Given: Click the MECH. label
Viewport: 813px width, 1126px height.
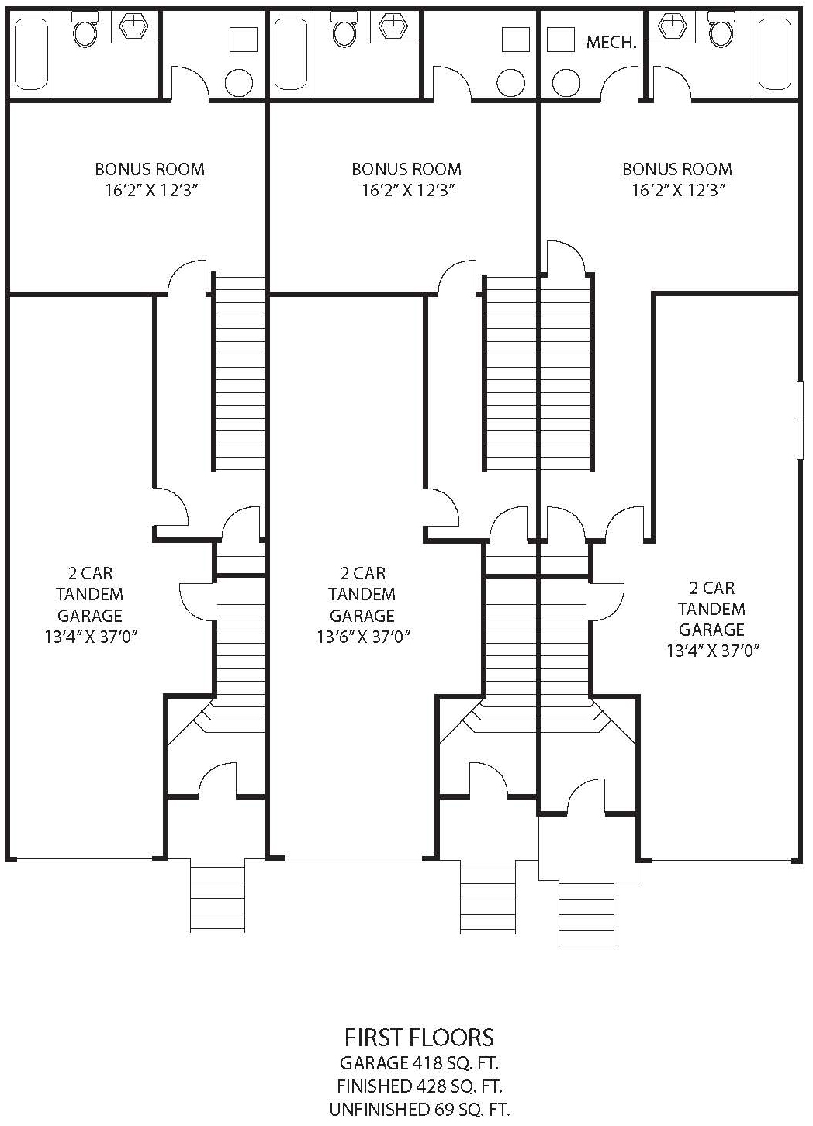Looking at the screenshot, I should click(611, 43).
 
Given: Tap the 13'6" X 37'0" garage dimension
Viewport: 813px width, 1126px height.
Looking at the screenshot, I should click(362, 637).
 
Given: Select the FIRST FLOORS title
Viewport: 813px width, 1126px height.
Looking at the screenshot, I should click(419, 1038).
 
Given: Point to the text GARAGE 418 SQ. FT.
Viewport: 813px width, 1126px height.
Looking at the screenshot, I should click(419, 1062).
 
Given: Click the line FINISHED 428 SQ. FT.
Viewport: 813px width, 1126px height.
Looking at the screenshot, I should click(419, 1086).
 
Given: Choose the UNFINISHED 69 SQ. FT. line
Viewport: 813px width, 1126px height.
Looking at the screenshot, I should click(419, 1109).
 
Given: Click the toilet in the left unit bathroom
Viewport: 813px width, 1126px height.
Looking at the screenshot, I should click(84, 31).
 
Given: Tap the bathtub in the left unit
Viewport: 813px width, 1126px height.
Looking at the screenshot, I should click(31, 54).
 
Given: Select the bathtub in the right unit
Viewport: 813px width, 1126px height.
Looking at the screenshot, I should click(774, 54).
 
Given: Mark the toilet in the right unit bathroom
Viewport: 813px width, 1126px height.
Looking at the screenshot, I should click(721, 31).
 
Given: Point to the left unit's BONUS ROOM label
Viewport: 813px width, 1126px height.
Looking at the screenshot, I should click(150, 169).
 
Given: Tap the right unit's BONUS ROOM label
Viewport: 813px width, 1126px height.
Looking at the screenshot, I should click(676, 169).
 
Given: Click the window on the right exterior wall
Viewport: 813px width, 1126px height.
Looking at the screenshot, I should click(800, 420).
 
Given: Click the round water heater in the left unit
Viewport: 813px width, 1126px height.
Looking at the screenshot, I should click(238, 82).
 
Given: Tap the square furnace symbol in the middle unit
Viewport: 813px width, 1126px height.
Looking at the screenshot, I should click(514, 39).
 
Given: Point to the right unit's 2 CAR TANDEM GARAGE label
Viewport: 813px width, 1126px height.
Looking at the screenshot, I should click(711, 609).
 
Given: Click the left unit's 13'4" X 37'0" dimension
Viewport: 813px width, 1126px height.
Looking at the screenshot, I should click(91, 637).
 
